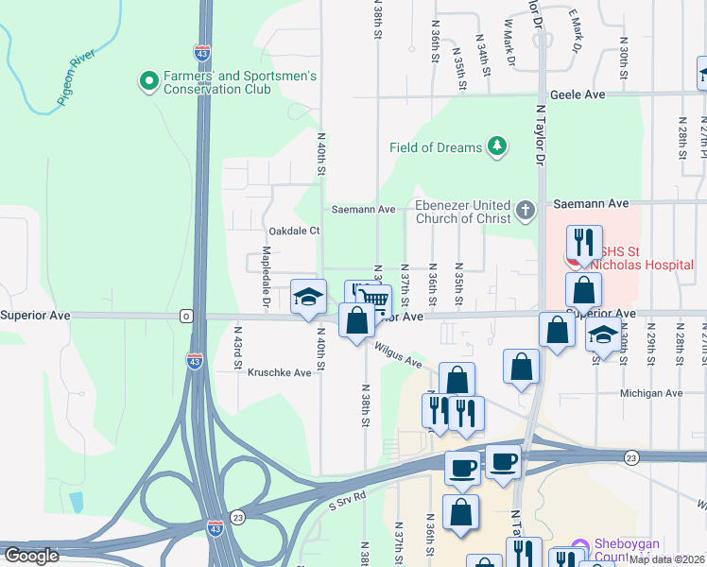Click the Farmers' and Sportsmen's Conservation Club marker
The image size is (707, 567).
click(x=147, y=82)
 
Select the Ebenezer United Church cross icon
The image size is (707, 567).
click(x=526, y=210)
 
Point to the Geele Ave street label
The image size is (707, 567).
click(x=577, y=95)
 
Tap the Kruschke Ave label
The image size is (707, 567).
click(x=279, y=373)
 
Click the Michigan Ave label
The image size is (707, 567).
click(x=650, y=393)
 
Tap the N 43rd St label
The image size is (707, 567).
click(x=238, y=348)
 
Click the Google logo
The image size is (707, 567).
click(x=32, y=556)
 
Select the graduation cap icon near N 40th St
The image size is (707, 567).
click(x=308, y=297)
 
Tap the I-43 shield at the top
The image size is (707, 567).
click(x=201, y=53)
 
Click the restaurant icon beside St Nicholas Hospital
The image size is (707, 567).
click(x=584, y=242)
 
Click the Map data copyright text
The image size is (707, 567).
click(x=665, y=559)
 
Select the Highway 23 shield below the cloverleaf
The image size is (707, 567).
click(x=237, y=517)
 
